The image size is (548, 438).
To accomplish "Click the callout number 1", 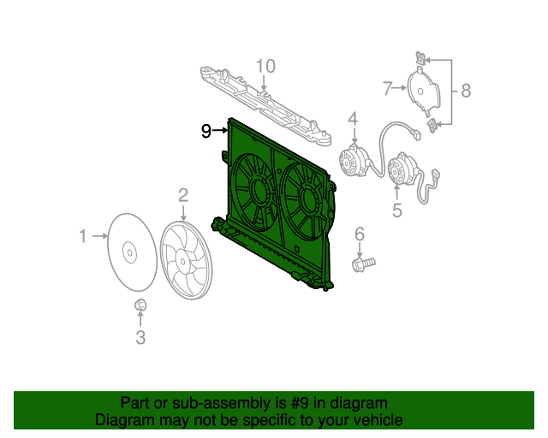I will (83, 235).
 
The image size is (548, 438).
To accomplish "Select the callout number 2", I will (183, 196).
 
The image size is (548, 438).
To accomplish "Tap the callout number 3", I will (140, 337).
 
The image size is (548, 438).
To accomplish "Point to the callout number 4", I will (353, 118).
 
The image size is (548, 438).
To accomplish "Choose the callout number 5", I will (397, 210).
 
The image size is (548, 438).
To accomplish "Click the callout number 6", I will (360, 234).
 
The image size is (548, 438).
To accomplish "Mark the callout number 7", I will (388, 87).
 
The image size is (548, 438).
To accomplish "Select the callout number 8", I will (465, 90).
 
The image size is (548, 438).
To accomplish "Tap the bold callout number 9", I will (206, 131).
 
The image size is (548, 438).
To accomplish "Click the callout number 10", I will (265, 66).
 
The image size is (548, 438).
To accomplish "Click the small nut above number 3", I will (140, 305).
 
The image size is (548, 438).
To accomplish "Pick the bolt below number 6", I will (363, 263).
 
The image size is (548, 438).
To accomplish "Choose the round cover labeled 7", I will (420, 89).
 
